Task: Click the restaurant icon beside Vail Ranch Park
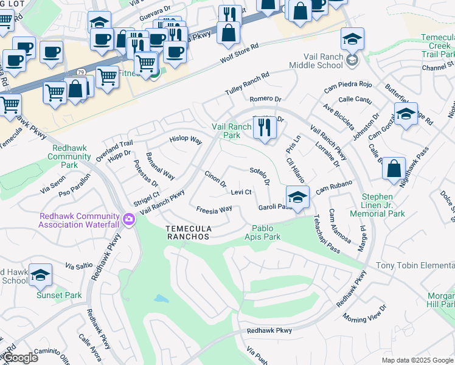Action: [263, 127]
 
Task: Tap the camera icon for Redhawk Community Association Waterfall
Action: [128, 219]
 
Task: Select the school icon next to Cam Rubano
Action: [297, 197]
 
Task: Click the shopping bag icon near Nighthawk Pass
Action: [394, 168]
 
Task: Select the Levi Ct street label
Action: [241, 192]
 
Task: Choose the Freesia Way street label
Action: [214, 209]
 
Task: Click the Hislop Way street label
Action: [185, 139]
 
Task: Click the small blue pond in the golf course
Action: [161, 299]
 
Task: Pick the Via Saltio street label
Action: [78, 266]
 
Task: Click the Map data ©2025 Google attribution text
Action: [417, 360]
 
